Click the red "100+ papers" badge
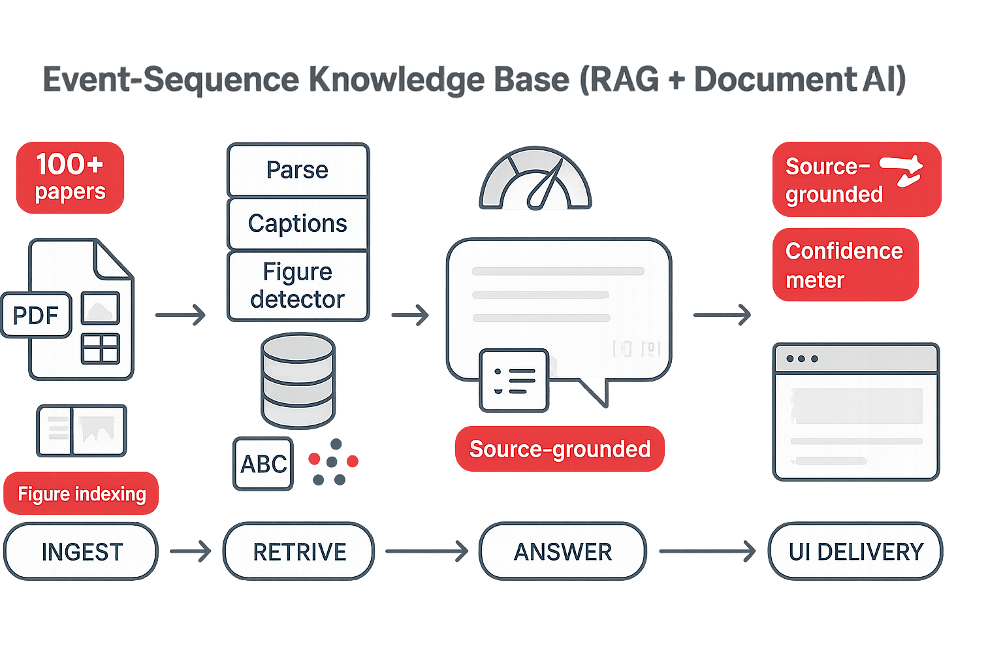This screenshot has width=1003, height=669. tap(70, 178)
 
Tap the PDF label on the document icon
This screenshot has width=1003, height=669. tap(36, 315)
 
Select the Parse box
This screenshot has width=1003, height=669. tap(298, 170)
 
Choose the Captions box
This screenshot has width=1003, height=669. tap(298, 223)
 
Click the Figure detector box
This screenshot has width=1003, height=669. tap(298, 286)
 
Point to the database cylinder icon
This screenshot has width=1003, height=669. tap(298, 380)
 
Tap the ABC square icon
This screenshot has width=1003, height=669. tap(263, 464)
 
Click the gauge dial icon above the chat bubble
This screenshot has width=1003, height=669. tap(535, 180)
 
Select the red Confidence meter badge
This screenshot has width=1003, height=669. tap(845, 265)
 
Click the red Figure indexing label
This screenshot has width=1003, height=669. tap(82, 494)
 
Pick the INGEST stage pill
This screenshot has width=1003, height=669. tap(82, 551)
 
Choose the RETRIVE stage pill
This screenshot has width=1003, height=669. tap(299, 551)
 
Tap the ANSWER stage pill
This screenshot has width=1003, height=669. tap(563, 551)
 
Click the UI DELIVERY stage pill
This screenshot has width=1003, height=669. tap(855, 551)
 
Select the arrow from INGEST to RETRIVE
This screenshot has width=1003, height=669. tap(191, 551)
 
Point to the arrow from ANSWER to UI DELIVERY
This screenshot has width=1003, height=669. tap(707, 551)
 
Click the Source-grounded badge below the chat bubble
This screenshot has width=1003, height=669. tap(560, 449)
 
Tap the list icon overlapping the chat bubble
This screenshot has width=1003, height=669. tap(514, 380)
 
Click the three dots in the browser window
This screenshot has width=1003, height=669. tap(802, 359)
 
